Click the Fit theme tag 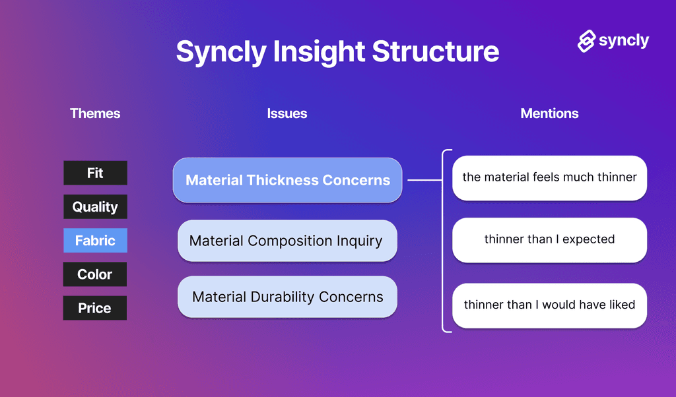tap(95, 173)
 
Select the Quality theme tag tap(95, 207)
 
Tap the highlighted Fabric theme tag tap(95, 241)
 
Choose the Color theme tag tap(95, 274)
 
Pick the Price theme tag tap(95, 308)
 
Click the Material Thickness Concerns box tap(287, 180)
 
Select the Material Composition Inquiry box tap(287, 241)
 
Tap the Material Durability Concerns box tap(287, 297)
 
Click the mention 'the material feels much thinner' tap(549, 177)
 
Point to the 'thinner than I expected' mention tap(549, 239)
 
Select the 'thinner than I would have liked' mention tap(549, 305)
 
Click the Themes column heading tap(95, 113)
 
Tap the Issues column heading tap(287, 113)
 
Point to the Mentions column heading tap(549, 113)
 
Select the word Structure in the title tap(436, 51)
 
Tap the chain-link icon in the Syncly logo tap(586, 41)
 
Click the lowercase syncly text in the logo tap(624, 41)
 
